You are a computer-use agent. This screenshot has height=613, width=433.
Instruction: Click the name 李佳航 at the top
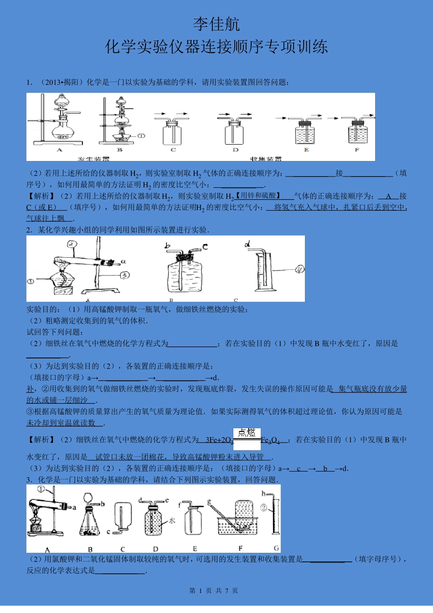coord(216,24)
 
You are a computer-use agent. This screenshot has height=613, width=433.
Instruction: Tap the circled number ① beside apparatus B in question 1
coord(141,135)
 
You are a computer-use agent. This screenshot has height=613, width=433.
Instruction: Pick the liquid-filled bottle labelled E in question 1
coord(305,134)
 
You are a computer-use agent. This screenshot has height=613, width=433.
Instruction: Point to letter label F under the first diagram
coord(357,150)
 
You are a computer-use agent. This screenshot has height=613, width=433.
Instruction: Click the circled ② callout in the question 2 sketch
coord(72,244)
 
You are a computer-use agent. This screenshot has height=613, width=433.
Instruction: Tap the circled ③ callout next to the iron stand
coord(124,275)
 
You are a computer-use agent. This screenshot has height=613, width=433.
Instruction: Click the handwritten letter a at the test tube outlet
coord(123,262)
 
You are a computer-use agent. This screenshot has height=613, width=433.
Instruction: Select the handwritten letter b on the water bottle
coord(168,246)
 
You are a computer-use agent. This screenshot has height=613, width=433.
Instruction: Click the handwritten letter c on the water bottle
coord(205,246)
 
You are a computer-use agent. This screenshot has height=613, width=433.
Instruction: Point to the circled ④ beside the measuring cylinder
coord(299,269)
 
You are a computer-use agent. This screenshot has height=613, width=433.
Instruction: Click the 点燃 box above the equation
coord(247,433)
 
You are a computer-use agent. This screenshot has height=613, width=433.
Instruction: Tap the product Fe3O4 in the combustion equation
coord(270,440)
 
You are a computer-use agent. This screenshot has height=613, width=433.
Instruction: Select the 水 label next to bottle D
coord(172,520)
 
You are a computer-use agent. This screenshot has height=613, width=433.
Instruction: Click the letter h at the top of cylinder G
coord(263,494)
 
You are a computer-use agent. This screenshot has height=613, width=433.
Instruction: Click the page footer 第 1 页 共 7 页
coord(213,591)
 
